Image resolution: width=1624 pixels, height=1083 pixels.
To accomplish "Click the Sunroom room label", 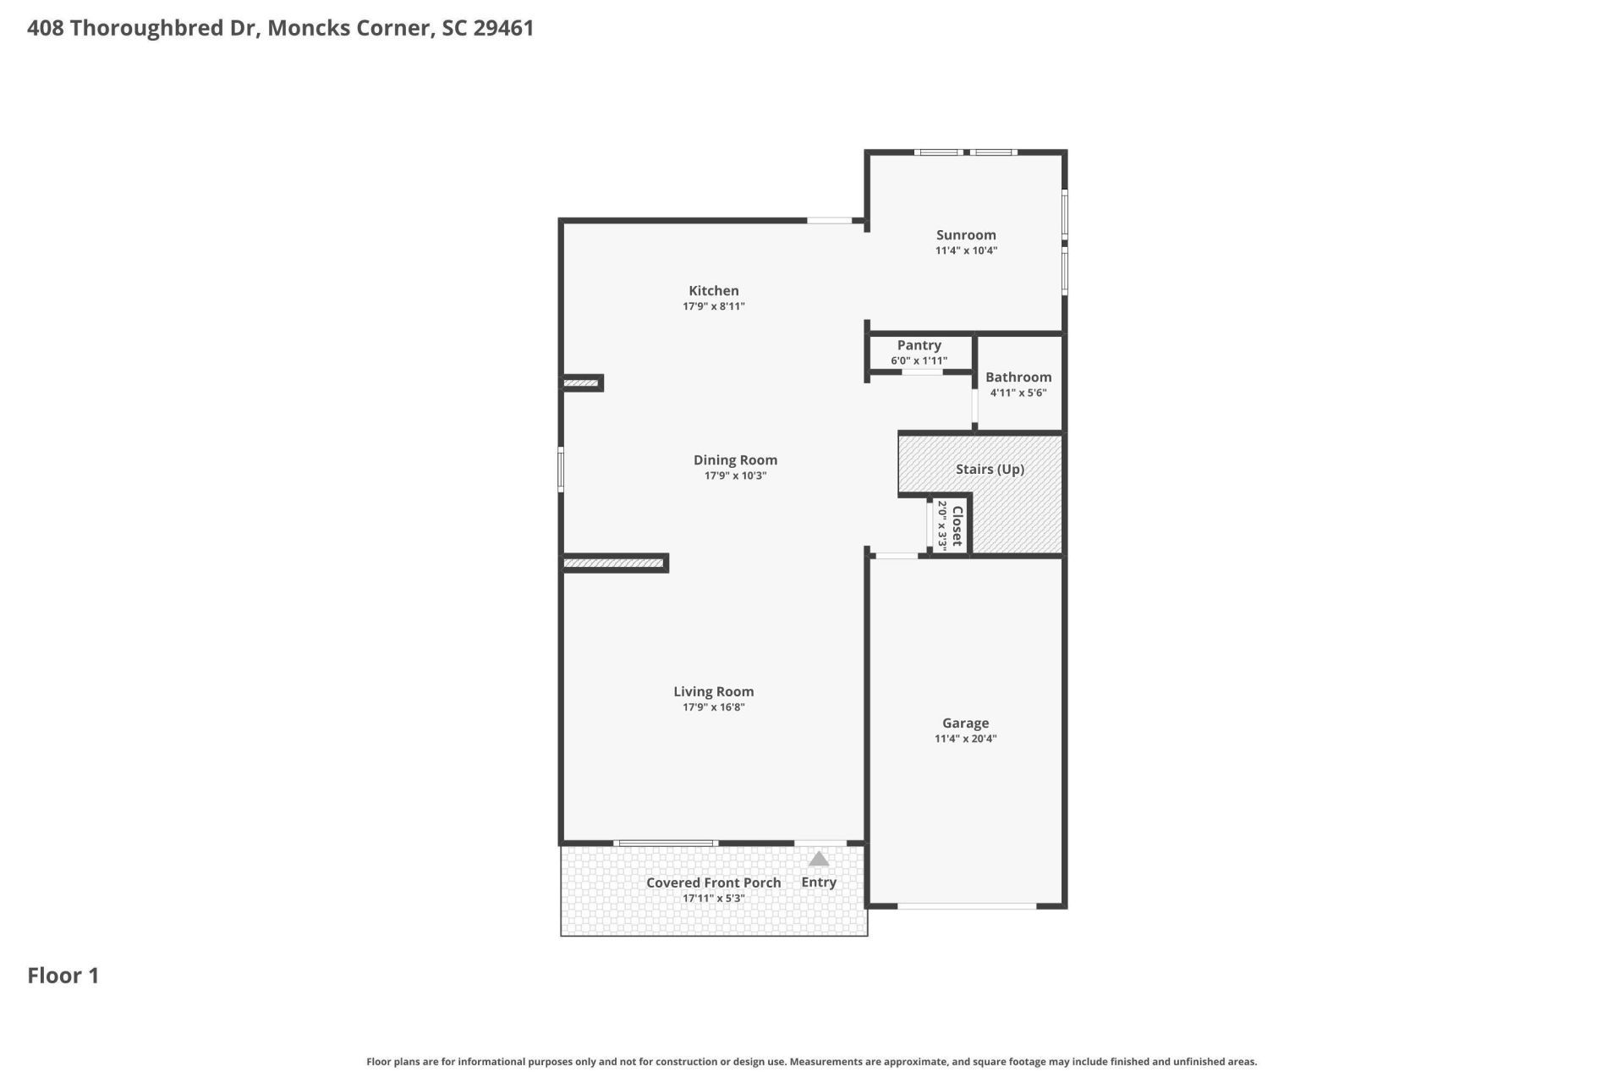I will pos(965,235).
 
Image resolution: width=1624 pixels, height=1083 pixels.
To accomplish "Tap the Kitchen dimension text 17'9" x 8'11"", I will pos(713,306).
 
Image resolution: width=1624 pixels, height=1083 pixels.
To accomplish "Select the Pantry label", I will pos(919,345).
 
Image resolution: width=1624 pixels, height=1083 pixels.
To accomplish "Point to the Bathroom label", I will pos(1018,377).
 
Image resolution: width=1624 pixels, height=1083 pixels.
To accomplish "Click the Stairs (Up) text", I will pos(990,470).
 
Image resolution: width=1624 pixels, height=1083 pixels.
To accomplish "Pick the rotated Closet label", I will pos(957,526).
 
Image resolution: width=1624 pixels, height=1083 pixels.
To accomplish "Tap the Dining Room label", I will pos(734,460).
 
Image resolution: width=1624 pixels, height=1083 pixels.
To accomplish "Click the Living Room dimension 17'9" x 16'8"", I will pos(713,707).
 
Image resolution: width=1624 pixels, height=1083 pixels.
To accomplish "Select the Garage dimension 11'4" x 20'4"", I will pos(965,739).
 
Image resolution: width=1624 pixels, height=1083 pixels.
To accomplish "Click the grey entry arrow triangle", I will pos(818,860).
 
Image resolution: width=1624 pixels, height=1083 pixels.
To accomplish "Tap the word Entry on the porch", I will pos(818,882).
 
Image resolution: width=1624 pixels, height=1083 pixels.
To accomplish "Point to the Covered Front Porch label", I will pos(713,882).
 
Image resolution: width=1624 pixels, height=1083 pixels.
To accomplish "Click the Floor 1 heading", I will pos(63,976).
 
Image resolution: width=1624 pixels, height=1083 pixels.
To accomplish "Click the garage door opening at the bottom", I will pos(966,906).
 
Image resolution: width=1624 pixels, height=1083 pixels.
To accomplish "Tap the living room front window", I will pos(666,843).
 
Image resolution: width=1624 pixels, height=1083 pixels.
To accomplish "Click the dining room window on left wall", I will pos(561,469).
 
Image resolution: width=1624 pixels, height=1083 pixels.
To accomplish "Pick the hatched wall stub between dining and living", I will pos(614,563).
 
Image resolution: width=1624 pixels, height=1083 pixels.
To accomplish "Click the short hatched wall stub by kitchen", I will pos(581,383).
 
